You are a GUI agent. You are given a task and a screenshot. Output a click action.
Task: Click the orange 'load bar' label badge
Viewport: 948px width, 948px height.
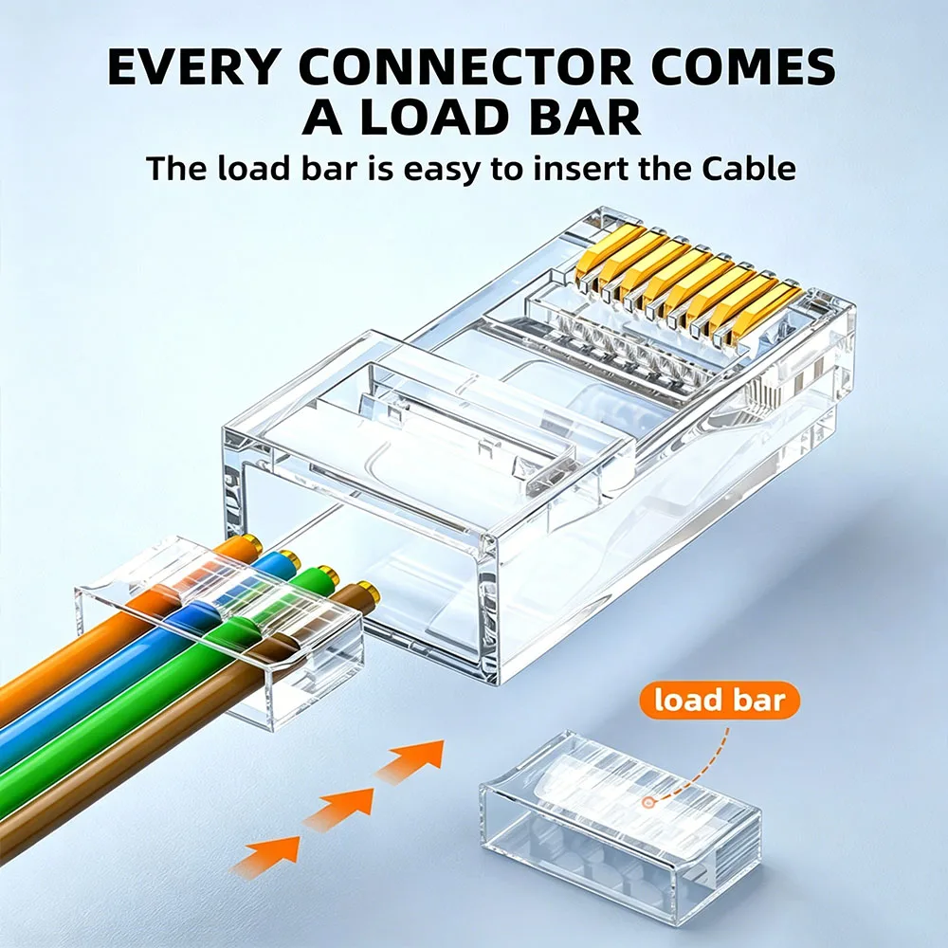[720, 701]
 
